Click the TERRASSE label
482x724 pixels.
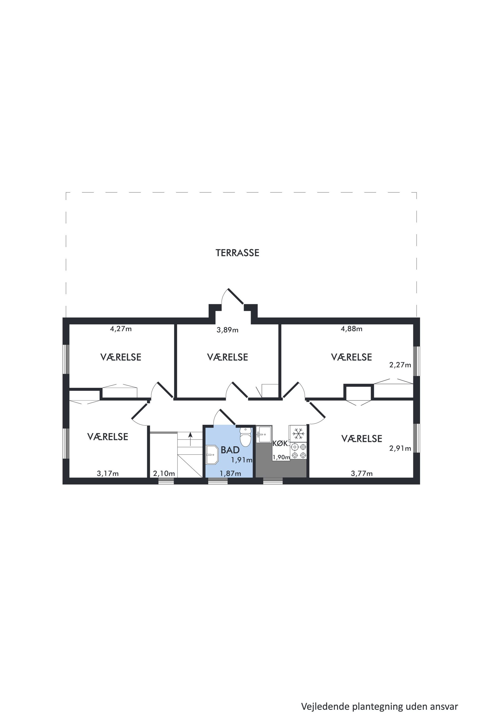[237, 253]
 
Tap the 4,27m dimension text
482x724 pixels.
[121, 329]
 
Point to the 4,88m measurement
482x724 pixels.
[351, 329]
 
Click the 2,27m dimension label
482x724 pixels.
[400, 365]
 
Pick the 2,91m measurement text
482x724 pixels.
[400, 449]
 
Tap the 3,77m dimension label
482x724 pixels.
[361, 473]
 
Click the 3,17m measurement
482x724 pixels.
[108, 473]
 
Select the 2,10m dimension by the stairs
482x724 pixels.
[164, 473]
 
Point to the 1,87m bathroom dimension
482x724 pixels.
[230, 473]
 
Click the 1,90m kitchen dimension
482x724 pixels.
[281, 457]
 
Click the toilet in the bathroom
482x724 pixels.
[245, 437]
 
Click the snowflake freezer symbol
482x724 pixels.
[298, 434]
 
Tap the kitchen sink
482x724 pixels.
[264, 434]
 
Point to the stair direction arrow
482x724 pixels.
[190, 439]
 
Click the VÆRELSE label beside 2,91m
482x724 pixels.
[362, 439]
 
